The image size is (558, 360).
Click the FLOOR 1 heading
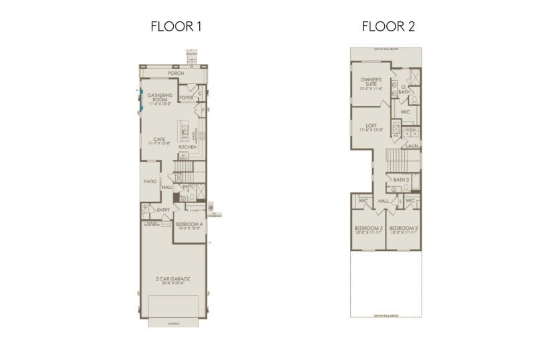(176, 27)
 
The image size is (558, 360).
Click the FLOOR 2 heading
(384, 27)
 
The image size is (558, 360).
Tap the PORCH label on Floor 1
(176, 73)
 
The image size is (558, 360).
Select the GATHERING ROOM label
(160, 98)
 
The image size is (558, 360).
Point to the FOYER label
(186, 98)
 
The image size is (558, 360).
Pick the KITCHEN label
(187, 147)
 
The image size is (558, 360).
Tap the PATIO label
(150, 181)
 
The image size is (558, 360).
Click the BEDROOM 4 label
(188, 224)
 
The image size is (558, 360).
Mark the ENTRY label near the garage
(163, 210)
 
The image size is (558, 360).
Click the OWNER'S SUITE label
(371, 81)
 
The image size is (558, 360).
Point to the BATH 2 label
(401, 180)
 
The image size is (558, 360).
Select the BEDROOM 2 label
(404, 228)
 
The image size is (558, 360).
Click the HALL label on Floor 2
(384, 200)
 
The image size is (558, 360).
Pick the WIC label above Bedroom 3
(363, 200)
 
